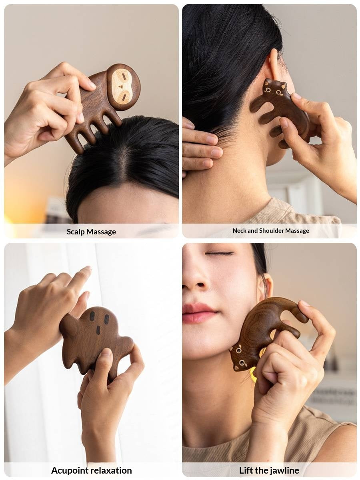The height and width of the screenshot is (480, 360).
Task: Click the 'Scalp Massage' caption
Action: click(x=91, y=232)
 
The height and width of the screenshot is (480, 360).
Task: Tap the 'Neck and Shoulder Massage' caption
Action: click(x=271, y=231)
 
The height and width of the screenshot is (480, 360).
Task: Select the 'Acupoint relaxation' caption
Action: click(x=91, y=470)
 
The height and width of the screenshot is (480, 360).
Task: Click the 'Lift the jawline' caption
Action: click(x=269, y=470)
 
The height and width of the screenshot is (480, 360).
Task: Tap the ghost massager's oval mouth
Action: click(x=98, y=330)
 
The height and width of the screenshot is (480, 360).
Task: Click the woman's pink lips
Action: click(x=199, y=312)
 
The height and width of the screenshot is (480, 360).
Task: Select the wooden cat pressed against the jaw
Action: click(x=264, y=332)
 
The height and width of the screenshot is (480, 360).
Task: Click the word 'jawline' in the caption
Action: click(x=284, y=470)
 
